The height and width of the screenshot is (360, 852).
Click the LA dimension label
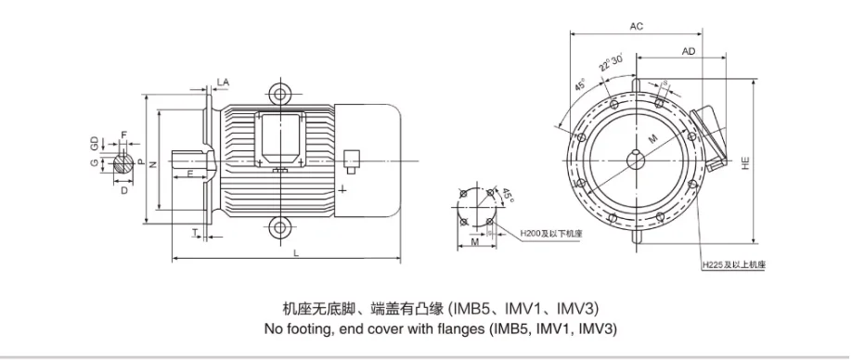coord(223,83)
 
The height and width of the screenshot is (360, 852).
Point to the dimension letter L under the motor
coord(295,251)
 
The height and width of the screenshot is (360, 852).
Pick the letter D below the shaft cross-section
coord(124,189)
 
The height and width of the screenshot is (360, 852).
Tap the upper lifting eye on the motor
coord(279,94)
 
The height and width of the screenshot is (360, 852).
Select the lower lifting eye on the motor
coord(279,227)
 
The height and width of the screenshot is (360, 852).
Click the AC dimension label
coord(637,27)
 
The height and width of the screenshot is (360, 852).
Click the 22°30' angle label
coord(609,64)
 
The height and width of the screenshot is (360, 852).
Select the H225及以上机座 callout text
coord(734,265)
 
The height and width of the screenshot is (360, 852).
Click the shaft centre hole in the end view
coord(636,160)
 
